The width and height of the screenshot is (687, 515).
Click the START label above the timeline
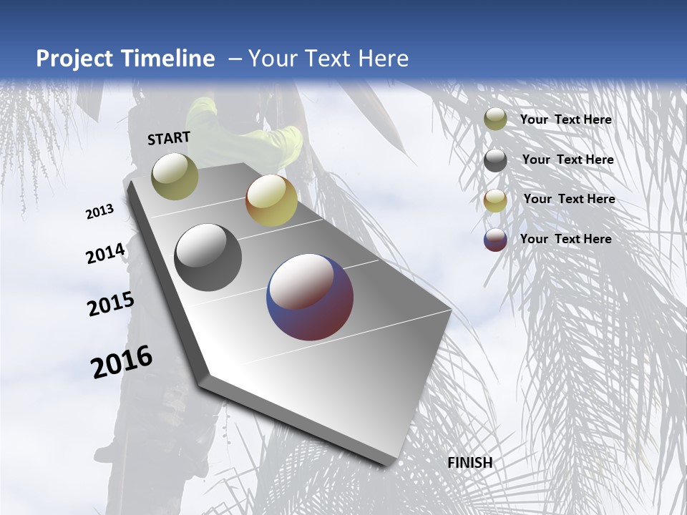click(169, 138)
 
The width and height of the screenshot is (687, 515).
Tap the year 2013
click(100, 212)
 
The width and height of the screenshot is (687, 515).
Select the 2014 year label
click(105, 254)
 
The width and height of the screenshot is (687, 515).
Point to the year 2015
click(110, 304)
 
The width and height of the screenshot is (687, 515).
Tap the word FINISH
click(469, 463)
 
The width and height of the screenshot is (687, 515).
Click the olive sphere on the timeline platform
click(175, 176)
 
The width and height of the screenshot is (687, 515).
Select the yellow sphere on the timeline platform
click(271, 200)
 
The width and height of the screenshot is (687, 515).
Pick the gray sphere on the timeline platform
click(208, 257)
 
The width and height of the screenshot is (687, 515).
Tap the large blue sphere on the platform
click(310, 297)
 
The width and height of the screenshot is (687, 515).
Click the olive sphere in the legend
click(495, 119)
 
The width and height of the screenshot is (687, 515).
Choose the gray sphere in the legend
click(495, 160)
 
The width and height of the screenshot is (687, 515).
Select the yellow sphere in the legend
click(495, 200)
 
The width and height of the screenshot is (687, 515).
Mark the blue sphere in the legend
click(495, 240)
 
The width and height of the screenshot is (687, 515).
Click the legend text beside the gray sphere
click(567, 160)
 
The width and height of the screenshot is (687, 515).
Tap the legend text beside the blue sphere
click(565, 239)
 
